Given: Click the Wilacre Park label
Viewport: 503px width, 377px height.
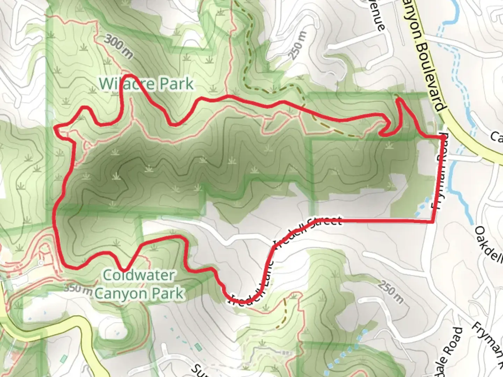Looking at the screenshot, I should coord(146,84).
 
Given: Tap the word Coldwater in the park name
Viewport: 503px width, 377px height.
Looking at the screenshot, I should coord(139,275).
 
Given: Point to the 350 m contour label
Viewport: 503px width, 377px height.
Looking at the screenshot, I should coord(78,289).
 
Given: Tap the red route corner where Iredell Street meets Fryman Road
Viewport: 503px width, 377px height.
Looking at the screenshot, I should coord(433,222).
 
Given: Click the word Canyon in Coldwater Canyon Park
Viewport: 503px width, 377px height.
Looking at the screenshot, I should coord(116,293).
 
